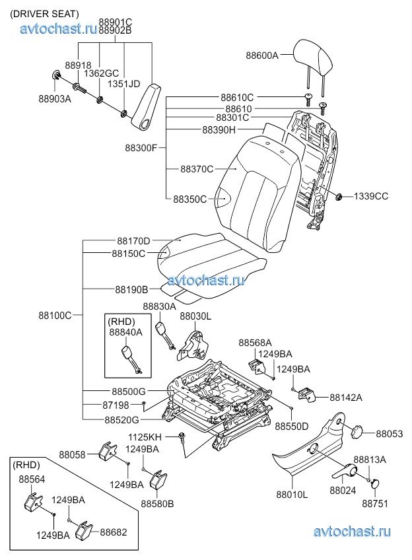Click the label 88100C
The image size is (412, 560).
click(x=55, y=316)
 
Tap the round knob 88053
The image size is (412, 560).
click(x=360, y=431)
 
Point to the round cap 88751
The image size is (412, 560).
click(x=374, y=483)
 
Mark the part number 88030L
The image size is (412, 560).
click(x=195, y=317)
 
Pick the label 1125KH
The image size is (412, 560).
click(x=145, y=437)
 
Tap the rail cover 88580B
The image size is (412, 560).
click(x=158, y=482)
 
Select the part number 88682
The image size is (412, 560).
click(x=114, y=532)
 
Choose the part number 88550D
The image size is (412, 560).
click(x=292, y=426)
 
